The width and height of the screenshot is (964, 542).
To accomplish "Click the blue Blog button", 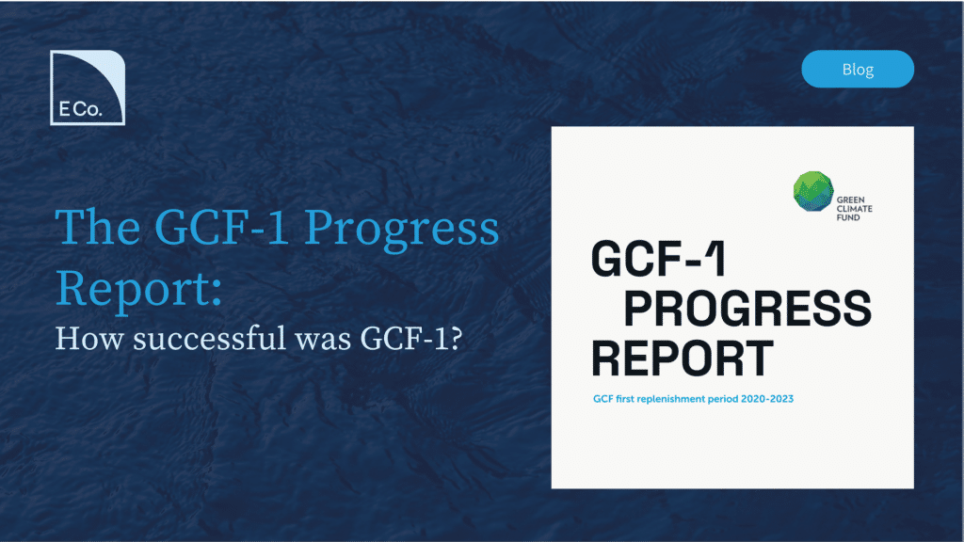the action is (x=858, y=69).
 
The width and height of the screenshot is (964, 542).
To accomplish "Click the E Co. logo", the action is (x=88, y=88).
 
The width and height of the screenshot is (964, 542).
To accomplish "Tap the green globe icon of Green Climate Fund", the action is (x=812, y=192).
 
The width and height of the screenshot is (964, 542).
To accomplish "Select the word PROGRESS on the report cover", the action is (x=747, y=309).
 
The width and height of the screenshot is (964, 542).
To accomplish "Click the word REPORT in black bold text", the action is (x=683, y=359).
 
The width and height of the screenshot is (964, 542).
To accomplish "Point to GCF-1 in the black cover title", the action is (x=658, y=259).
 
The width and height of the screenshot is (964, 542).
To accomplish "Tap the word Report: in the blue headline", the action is (x=139, y=289).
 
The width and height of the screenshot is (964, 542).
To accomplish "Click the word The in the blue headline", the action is (x=98, y=228).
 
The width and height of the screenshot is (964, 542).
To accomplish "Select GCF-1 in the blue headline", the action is (x=221, y=228).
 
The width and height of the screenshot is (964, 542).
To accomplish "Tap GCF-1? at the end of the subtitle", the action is (x=411, y=339).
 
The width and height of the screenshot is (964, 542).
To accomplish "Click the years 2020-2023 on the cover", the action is (x=766, y=399).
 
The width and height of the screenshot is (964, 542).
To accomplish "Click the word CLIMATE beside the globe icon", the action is (x=855, y=209).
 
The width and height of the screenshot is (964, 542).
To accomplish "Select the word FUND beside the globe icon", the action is (x=848, y=217).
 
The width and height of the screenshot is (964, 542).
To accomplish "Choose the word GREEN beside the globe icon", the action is (x=851, y=199).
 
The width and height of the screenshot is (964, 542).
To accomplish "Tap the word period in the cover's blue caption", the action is (x=722, y=399).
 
